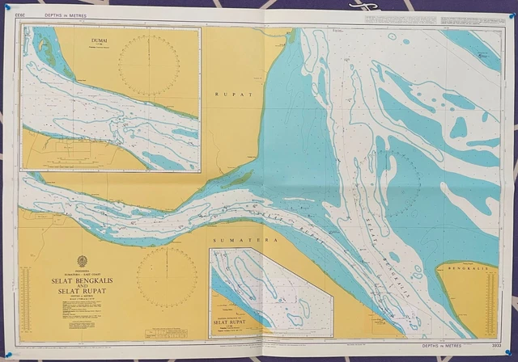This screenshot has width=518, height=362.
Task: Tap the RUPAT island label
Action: pyautogui.click(x=234, y=95)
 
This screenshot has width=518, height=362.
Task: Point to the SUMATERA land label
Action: pyautogui.click(x=234, y=241)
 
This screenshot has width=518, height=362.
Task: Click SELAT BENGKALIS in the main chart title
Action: pyautogui.click(x=81, y=278)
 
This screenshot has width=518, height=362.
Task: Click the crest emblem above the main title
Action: pyautogui.click(x=81, y=261)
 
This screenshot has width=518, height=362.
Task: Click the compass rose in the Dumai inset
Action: pyautogui.click(x=149, y=64)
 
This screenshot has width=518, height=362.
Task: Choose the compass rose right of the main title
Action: pyautogui.click(x=167, y=278)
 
